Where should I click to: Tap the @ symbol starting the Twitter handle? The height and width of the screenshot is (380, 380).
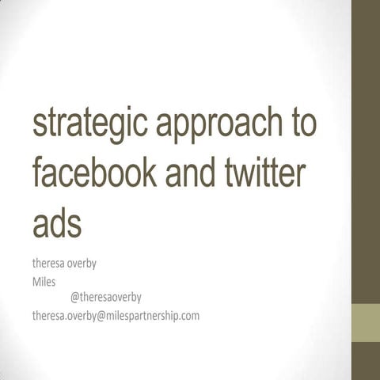(75, 298)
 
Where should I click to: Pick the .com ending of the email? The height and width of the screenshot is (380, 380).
(188, 315)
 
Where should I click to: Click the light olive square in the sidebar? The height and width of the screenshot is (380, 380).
(365, 321)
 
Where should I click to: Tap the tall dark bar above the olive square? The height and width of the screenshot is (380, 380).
(365, 150)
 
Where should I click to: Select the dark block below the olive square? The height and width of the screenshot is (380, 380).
(365, 361)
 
